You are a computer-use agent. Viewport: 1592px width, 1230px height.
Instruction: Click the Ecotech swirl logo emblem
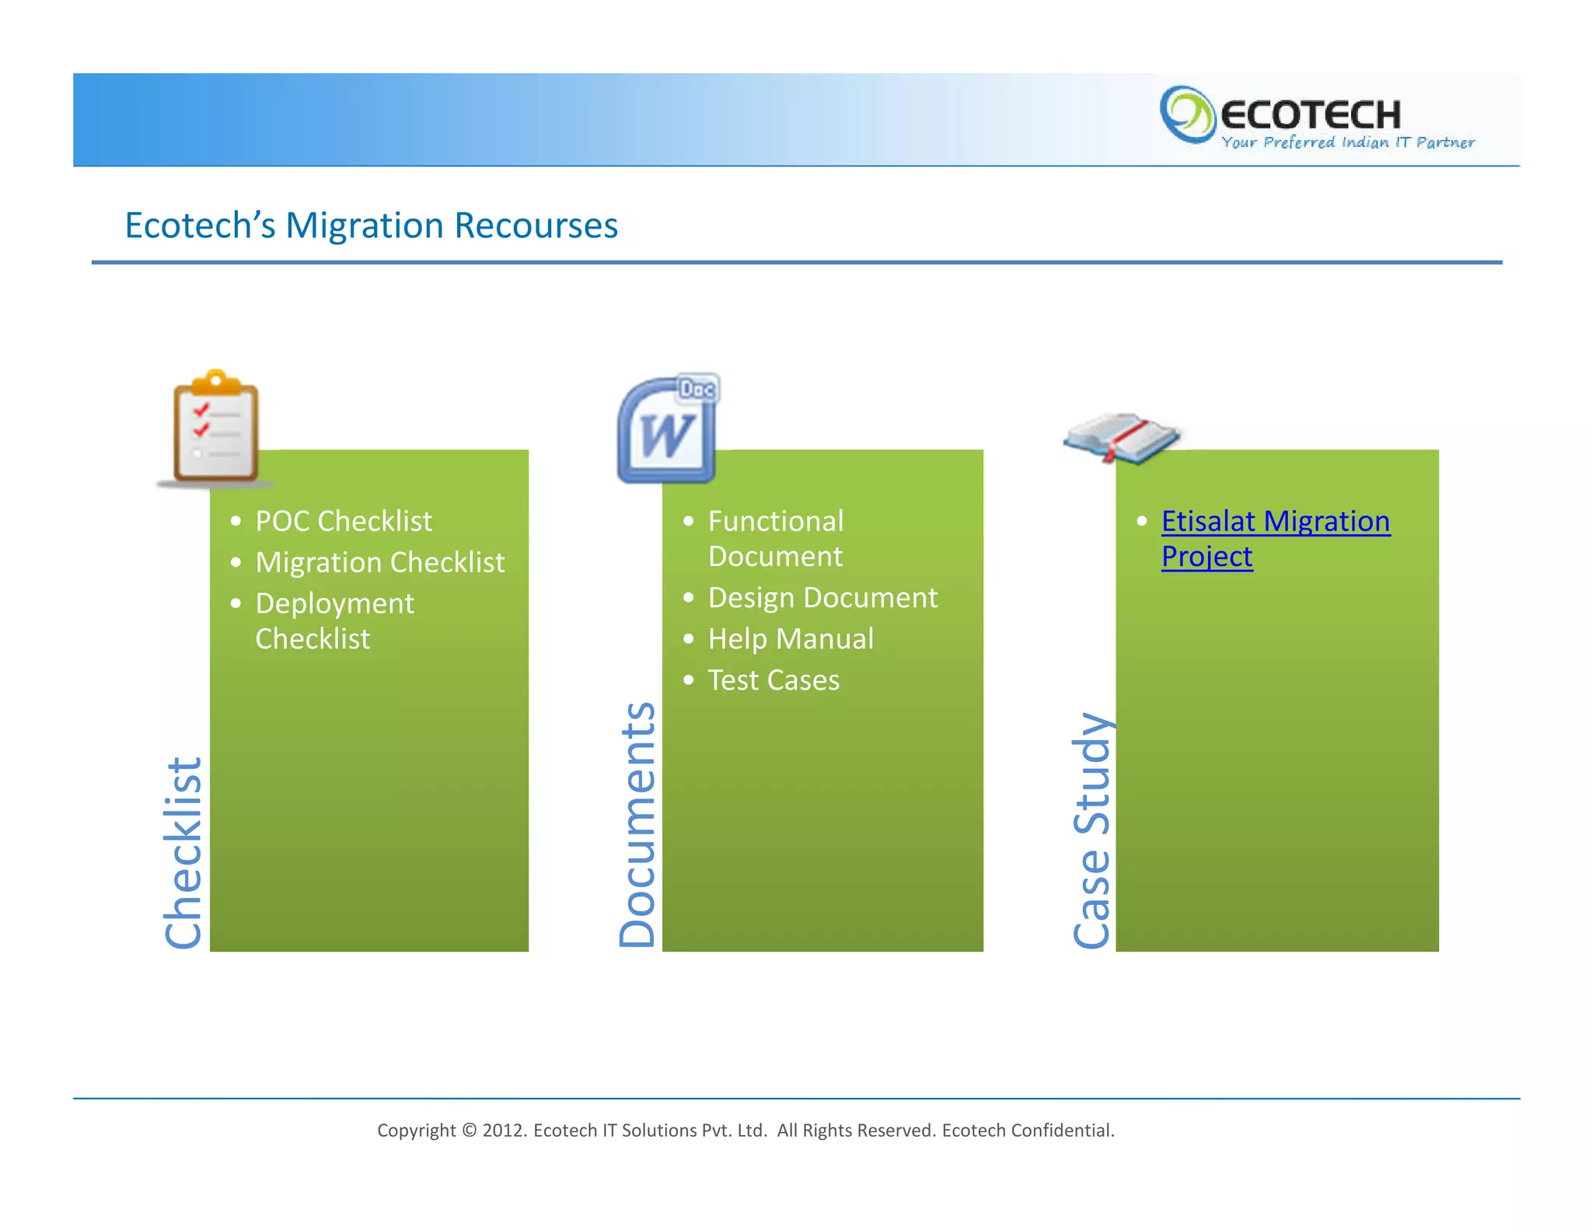(x=1186, y=115)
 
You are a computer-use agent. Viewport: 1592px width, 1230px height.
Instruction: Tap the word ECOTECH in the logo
(x=1311, y=115)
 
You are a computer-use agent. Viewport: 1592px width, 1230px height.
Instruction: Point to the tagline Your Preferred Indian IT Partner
(x=1347, y=143)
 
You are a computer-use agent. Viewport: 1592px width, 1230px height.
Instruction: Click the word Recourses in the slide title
(x=536, y=225)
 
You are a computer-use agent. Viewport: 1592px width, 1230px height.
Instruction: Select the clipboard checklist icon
(x=215, y=428)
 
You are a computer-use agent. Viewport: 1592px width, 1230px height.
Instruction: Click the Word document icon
(x=668, y=430)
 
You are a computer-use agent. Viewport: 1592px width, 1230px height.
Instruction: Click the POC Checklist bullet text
(x=343, y=521)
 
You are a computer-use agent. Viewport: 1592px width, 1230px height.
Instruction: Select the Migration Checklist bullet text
(x=379, y=562)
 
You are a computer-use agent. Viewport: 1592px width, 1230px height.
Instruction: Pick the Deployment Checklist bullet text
(x=334, y=620)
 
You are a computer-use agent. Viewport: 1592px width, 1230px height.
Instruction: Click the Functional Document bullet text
(x=775, y=538)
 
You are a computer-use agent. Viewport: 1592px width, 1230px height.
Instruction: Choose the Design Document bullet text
(x=822, y=598)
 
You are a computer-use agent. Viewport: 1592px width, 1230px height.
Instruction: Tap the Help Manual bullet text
(x=791, y=639)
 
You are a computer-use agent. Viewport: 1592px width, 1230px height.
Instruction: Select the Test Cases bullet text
(x=773, y=680)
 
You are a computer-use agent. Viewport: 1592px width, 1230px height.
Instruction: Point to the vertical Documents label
(x=637, y=824)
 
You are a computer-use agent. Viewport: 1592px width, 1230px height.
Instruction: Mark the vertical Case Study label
(x=1091, y=830)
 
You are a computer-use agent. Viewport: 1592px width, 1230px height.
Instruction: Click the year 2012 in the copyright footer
(x=504, y=1130)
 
